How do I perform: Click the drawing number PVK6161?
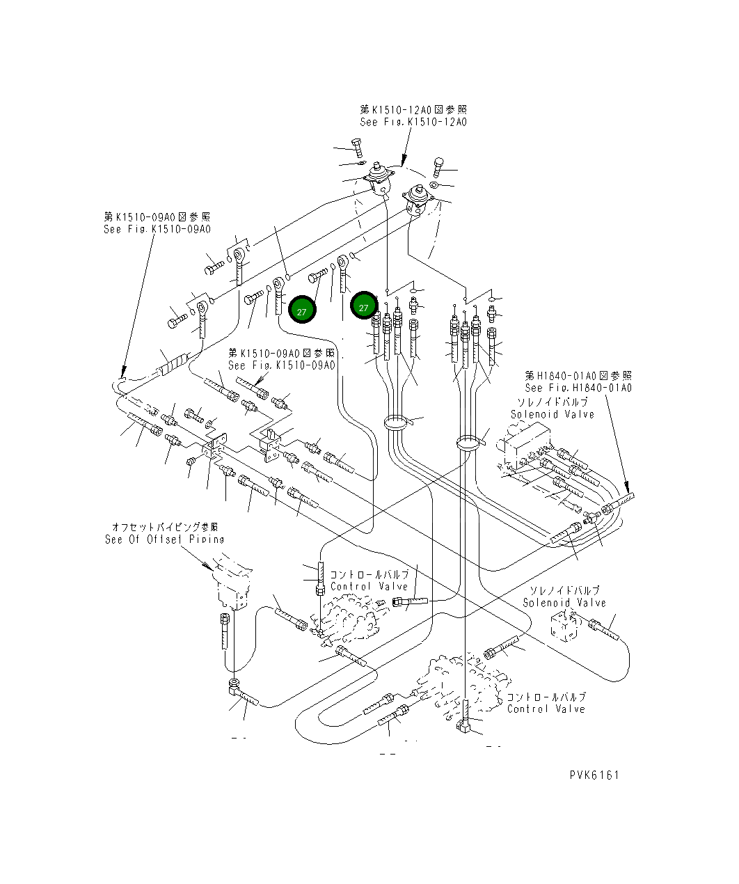coord(594,775)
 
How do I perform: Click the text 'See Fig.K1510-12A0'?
coord(413,122)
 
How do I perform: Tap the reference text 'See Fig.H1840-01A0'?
coord(578,388)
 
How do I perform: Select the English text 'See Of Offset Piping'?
coord(165,539)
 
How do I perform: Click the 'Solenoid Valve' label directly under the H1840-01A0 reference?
coord(553,414)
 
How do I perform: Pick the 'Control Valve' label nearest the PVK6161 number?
coord(546,709)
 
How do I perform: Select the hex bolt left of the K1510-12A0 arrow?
coord(358,148)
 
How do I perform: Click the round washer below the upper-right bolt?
coord(434,186)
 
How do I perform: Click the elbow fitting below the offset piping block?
coord(235,686)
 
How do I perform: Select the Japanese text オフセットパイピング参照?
coord(165,527)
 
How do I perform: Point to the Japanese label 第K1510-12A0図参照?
coord(413,109)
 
